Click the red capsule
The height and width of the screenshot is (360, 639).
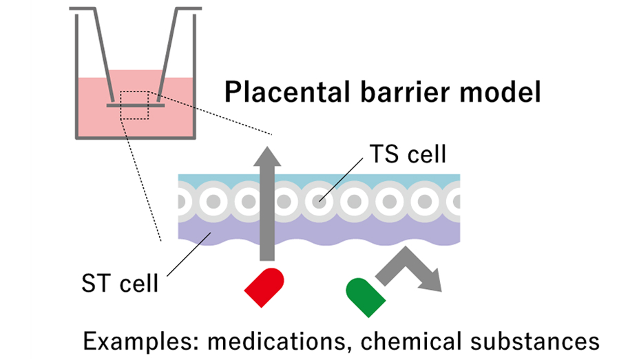click(265, 284)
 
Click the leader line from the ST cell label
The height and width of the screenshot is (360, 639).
click(182, 255)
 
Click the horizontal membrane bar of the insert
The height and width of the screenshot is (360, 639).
click(134, 107)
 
